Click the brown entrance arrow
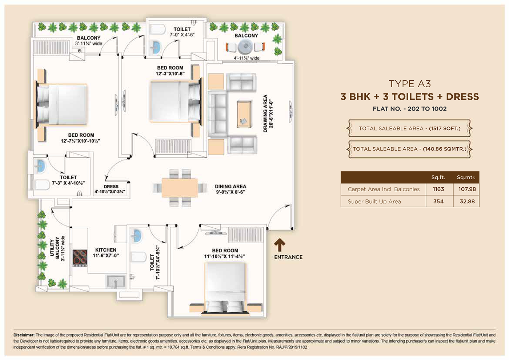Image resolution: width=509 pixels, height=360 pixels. pos(280,245)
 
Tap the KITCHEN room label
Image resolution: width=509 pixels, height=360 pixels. pos(106,250)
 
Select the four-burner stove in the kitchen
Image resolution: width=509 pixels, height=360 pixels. pos(80,258)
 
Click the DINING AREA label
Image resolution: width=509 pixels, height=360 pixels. pos(231,186)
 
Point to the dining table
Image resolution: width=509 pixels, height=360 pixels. pos(180,188)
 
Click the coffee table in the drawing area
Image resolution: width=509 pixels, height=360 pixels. pos(244,114)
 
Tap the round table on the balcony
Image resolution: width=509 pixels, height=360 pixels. pos(245,47)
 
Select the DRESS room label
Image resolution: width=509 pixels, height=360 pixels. pos(111,186)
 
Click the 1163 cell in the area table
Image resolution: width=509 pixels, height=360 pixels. pos(438,189)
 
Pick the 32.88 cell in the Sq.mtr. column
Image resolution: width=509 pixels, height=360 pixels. pos(467,201)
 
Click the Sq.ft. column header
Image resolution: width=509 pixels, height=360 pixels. pos(438,177)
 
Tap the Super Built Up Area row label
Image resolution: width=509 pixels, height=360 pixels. pos(374,201)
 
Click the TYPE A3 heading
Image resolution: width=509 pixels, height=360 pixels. pos(410,84)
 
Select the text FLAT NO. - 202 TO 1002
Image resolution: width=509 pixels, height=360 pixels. pos(410,109)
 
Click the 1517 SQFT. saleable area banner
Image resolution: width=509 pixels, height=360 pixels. pos(409,128)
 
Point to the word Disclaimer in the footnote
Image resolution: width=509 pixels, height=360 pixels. pos(24,335)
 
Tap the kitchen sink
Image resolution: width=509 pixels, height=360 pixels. pos(116,281)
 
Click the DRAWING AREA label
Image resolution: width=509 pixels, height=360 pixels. pos(265,113)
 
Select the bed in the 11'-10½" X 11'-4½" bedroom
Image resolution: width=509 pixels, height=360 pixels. pos(225,289)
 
